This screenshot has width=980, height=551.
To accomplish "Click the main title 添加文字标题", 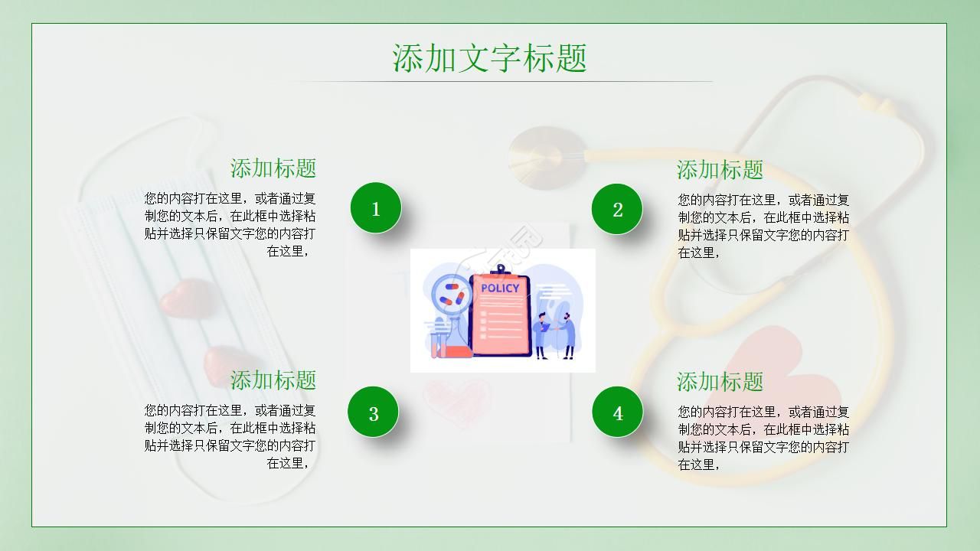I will (x=490, y=58).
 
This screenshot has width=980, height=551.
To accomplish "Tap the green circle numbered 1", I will (x=376, y=208).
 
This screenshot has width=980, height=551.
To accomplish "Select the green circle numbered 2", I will (x=617, y=209).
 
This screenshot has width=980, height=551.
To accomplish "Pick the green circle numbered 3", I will (x=374, y=413).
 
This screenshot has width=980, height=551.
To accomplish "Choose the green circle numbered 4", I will (x=617, y=413).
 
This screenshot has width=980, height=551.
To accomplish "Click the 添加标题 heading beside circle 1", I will (x=273, y=168).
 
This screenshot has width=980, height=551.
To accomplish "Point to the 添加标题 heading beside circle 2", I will (x=720, y=170).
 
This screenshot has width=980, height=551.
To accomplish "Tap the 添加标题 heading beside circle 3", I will (x=273, y=380).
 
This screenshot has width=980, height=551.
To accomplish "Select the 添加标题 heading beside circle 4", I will (x=720, y=381).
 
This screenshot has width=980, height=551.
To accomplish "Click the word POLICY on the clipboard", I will (x=500, y=288).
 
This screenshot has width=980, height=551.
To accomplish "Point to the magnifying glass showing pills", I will (x=450, y=295).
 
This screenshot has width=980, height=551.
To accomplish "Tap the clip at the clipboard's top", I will (x=500, y=269).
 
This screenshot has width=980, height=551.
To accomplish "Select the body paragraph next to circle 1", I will (x=230, y=225).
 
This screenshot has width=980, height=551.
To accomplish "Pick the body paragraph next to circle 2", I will (x=763, y=226).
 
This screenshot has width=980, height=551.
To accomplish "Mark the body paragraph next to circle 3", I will (x=230, y=436).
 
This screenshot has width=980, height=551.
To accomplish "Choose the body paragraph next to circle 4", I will (x=763, y=438).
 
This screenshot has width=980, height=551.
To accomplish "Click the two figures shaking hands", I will (x=556, y=334).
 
